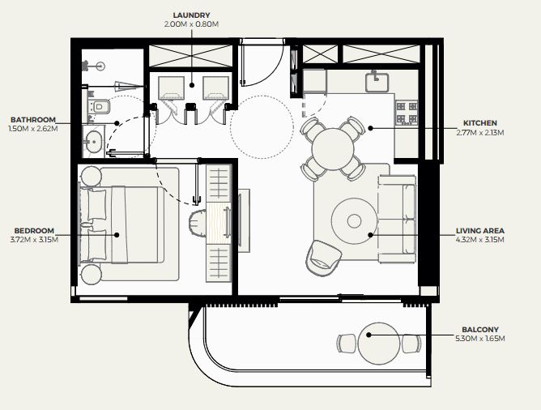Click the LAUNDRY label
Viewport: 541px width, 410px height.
pos(191,15)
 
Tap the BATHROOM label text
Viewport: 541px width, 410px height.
pos(33,120)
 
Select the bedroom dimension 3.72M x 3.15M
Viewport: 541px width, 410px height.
pos(34,240)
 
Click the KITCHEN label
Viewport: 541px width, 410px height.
pos(480,123)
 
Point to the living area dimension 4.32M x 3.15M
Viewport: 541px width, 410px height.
pos(480,240)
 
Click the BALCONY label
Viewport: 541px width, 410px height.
pos(480,330)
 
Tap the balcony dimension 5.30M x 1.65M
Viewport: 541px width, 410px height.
pos(480,339)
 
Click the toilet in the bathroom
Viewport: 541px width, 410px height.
pos(99,106)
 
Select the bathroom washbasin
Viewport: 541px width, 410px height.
pos(93,142)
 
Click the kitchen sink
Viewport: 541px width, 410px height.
pos(377,82)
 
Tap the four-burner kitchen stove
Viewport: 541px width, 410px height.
pos(407,113)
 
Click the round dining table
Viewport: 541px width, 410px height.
pos(333,149)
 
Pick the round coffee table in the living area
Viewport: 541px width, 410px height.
pos(354,220)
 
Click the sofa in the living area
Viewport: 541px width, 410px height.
pos(397,219)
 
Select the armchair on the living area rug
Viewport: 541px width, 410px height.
pos(323,258)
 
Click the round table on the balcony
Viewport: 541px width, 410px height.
pos(378,344)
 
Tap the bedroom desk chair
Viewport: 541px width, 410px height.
pos(198,224)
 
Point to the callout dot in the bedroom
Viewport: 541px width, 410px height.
pos(117,235)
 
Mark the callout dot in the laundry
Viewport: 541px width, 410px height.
pos(192,85)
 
